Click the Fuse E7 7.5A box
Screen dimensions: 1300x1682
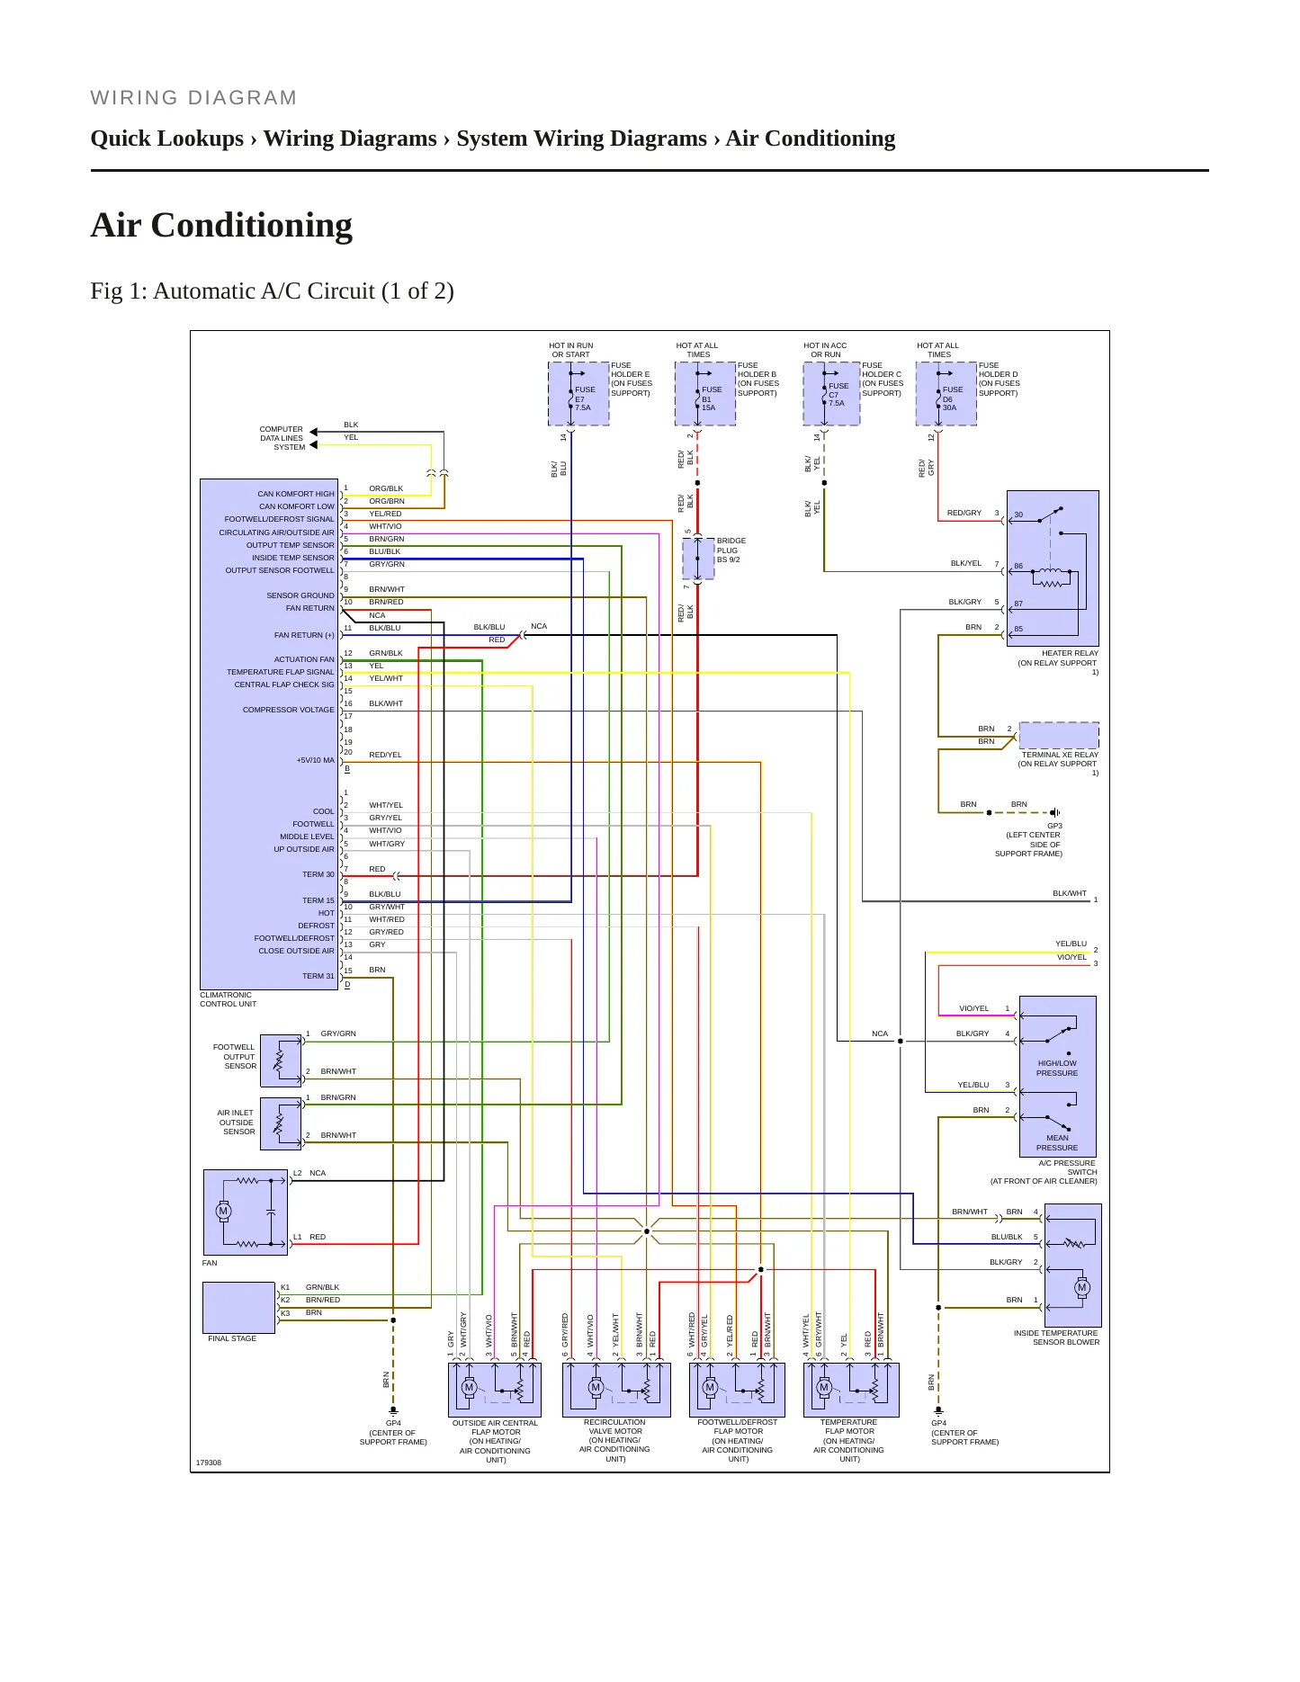(x=578, y=393)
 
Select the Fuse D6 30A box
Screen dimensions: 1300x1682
(x=946, y=393)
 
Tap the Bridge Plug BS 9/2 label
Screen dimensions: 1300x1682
(x=731, y=550)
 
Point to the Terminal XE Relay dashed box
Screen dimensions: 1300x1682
(x=1059, y=735)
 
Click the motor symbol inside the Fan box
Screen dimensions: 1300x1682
(x=223, y=1211)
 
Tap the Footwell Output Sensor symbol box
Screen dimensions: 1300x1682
(x=281, y=1060)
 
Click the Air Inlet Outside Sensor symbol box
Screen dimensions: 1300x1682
(x=281, y=1123)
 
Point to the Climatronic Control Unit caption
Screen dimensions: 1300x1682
(x=229, y=999)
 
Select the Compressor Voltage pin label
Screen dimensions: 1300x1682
(x=289, y=710)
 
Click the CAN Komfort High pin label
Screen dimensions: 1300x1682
(x=296, y=494)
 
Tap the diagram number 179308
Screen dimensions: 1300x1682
(x=209, y=1463)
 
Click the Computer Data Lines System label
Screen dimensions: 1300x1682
(x=282, y=438)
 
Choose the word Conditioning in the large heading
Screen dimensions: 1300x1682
(x=252, y=226)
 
